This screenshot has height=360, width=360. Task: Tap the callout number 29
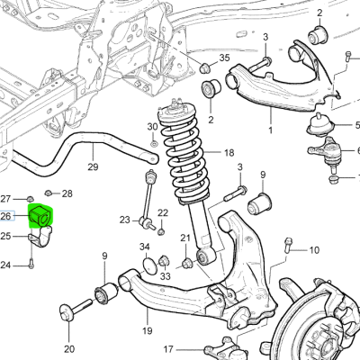click(93, 166)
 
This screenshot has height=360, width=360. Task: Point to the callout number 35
click(224, 58)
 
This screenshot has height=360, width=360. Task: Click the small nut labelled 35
click(204, 68)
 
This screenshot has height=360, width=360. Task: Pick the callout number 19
click(147, 331)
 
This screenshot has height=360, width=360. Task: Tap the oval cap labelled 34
click(150, 265)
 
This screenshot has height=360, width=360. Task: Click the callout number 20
click(69, 349)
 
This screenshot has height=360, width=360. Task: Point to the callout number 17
click(168, 349)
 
